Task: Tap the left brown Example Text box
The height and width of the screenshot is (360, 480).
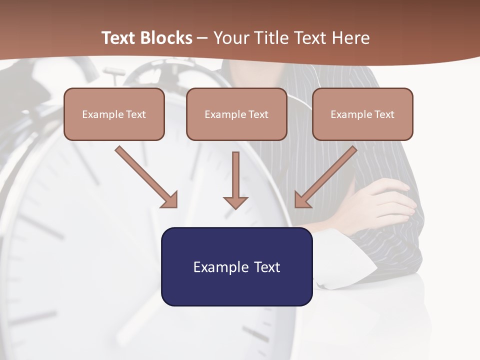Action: [114, 114]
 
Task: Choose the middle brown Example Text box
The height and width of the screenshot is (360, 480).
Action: [236, 114]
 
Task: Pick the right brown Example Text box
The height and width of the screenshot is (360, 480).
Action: [362, 114]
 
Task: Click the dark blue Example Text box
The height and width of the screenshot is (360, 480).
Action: [237, 266]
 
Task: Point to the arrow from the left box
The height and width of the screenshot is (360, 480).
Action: [146, 176]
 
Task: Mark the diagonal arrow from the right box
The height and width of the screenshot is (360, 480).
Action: [325, 176]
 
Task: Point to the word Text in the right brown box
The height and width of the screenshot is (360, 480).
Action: [384, 114]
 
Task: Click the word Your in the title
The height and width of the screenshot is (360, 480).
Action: [231, 38]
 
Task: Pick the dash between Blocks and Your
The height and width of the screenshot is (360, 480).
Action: [202, 38]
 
